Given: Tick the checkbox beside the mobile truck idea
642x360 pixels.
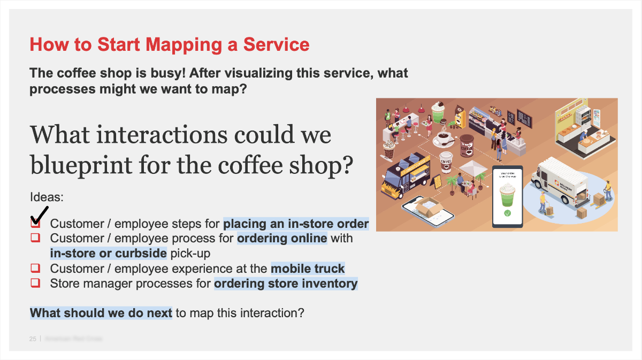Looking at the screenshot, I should pos(35,268).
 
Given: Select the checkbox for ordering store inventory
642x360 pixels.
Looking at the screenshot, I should pos(35,282).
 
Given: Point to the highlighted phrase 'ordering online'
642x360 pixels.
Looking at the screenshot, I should pos(282,238).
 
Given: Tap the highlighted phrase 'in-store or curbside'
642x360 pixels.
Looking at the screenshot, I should pos(109,252).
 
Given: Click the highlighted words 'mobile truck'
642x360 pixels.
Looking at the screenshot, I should pos(308,268).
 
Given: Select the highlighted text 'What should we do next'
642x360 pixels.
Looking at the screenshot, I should pos(101,312).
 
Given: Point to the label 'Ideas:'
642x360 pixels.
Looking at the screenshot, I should pos(47,197).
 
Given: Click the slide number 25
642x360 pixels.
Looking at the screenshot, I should pos(33,339).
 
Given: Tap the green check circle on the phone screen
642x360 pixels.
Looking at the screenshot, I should pos(507,213).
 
